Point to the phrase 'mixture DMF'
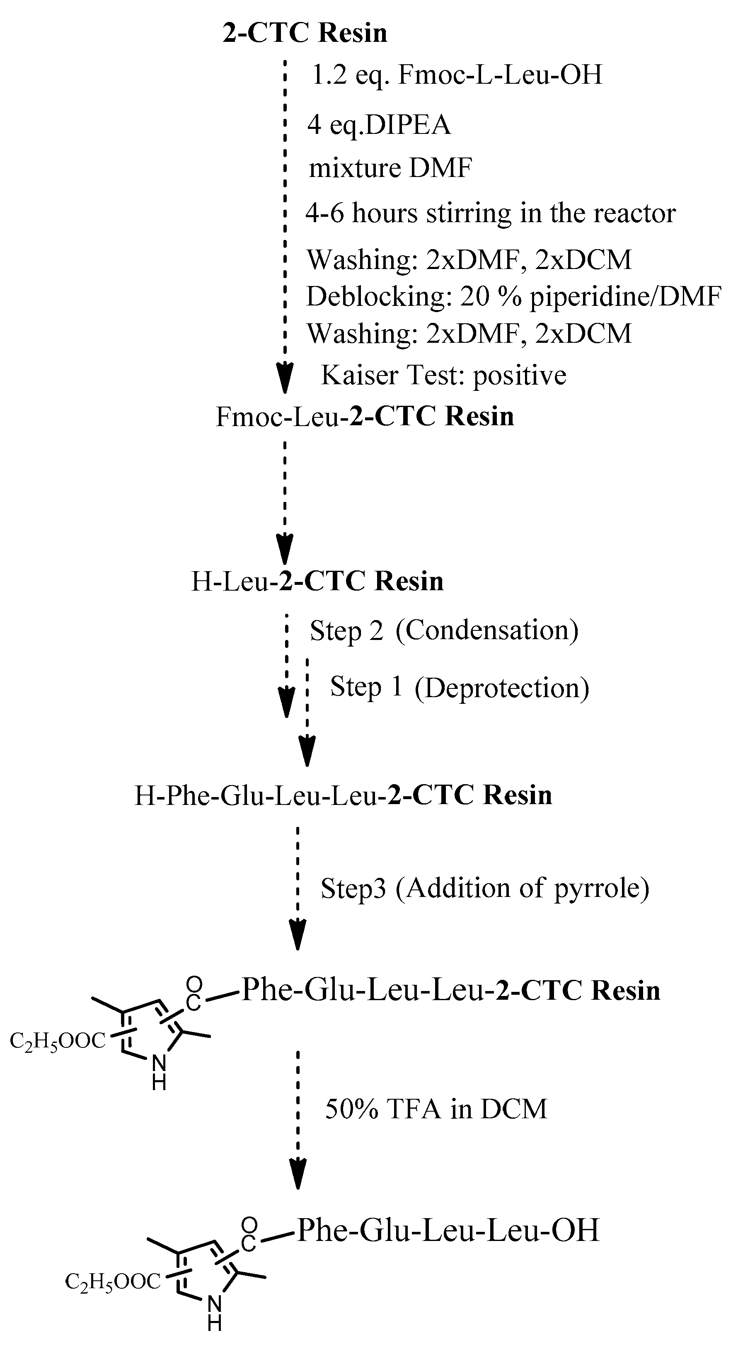(x=390, y=168)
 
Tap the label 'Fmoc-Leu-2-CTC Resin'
(x=365, y=417)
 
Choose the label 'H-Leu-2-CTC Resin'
(x=317, y=581)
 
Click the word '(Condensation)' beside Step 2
(x=487, y=630)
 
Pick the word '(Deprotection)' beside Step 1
(x=501, y=687)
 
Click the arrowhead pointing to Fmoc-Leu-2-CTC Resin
(x=285, y=380)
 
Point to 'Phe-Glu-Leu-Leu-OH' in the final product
(x=448, y=1230)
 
